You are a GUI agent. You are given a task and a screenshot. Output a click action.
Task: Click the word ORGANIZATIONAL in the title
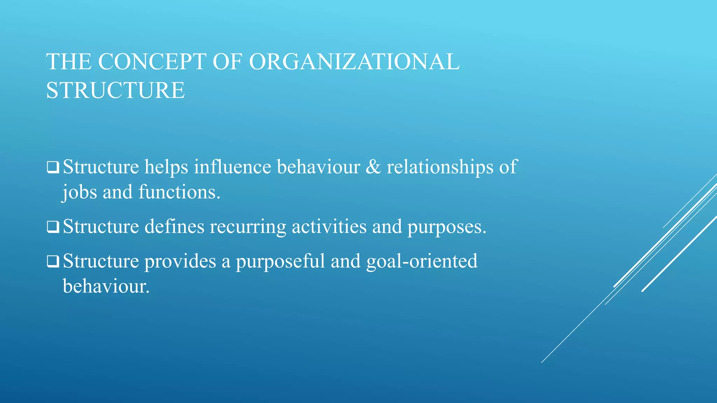[354, 62]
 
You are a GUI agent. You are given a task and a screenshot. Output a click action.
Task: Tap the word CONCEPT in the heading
[152, 62]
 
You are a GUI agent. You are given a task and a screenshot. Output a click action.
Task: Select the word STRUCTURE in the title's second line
[115, 90]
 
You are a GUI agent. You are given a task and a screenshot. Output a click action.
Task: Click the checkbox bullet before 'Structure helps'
[53, 167]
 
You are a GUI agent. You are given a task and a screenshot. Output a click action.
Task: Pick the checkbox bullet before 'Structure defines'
[53, 227]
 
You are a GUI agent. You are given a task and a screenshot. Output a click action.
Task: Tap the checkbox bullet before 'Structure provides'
[53, 262]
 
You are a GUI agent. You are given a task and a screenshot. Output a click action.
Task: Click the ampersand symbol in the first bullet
[373, 167]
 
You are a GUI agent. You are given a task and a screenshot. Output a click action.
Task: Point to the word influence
[232, 167]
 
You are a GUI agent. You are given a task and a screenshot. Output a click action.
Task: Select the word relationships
[440, 167]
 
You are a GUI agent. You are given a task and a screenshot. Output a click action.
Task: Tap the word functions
[179, 192]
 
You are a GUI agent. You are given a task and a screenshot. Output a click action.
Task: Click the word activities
[329, 227]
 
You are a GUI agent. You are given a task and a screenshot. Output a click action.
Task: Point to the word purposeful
[280, 262]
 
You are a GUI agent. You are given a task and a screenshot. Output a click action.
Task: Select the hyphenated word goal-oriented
[422, 262]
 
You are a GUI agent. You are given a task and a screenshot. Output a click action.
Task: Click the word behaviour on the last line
[106, 287]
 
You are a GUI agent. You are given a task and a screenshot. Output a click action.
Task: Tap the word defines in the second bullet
[174, 227]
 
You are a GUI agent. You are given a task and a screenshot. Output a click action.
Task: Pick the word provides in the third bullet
[180, 262]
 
